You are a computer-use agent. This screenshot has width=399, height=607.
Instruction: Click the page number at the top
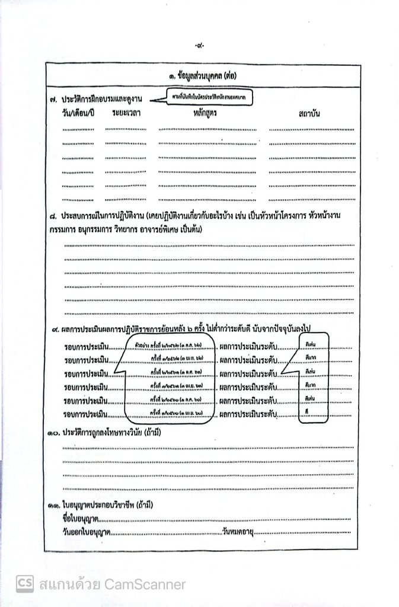click(x=199, y=46)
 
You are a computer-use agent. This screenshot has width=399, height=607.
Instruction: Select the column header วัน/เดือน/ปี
click(x=78, y=113)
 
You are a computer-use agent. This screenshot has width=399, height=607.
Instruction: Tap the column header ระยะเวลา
click(x=126, y=113)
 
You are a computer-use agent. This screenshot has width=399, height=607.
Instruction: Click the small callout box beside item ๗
click(x=205, y=96)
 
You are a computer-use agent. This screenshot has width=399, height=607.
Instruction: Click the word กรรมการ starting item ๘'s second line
click(x=65, y=229)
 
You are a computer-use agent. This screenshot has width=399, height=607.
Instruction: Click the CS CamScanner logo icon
click(x=24, y=584)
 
